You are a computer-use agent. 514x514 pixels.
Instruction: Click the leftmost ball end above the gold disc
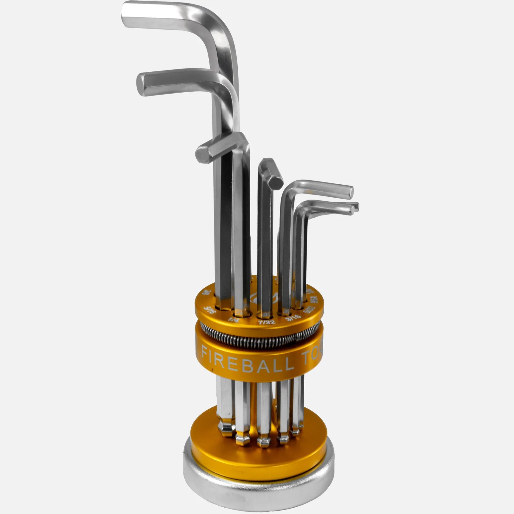(x=227, y=427)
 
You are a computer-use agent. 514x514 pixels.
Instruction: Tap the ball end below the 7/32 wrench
(x=263, y=440)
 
